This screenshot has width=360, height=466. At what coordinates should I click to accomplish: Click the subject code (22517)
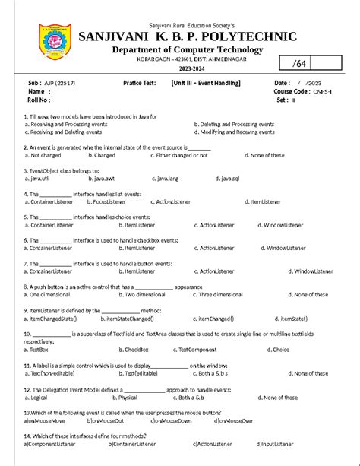pyautogui.click(x=65, y=82)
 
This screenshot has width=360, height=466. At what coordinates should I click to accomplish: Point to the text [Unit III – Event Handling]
pyautogui.click(x=206, y=82)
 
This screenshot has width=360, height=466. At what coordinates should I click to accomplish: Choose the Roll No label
pyautogui.click(x=39, y=100)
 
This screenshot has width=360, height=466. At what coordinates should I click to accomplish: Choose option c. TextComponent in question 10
pyautogui.click(x=199, y=350)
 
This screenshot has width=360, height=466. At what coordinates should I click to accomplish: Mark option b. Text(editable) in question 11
pyautogui.click(x=138, y=373)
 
